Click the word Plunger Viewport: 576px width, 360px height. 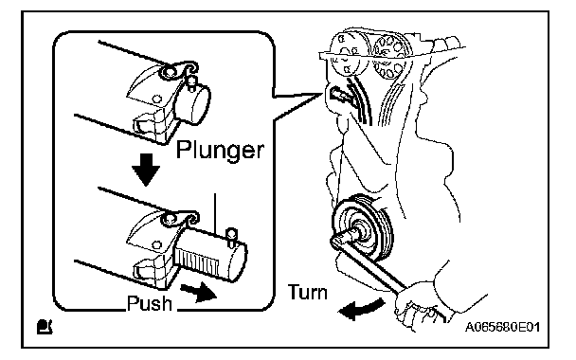[220, 150]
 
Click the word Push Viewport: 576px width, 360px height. [149, 303]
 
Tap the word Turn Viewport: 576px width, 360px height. [308, 293]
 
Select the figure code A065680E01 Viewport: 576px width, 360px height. [502, 327]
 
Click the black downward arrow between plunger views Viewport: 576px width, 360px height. [146, 170]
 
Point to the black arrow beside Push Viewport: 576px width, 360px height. [198, 292]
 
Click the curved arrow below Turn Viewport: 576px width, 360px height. [360, 310]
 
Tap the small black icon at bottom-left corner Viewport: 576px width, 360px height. [45, 327]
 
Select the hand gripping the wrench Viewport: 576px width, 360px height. [419, 305]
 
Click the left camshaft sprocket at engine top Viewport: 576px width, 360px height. [347, 54]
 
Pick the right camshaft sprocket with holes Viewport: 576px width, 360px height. [389, 56]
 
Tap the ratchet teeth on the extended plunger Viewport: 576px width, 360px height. [197, 261]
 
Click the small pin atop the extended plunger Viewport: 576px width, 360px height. [231, 236]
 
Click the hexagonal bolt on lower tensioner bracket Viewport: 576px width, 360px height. [157, 245]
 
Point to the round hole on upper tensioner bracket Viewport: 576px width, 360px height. [157, 99]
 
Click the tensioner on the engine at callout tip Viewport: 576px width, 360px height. [340, 95]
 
